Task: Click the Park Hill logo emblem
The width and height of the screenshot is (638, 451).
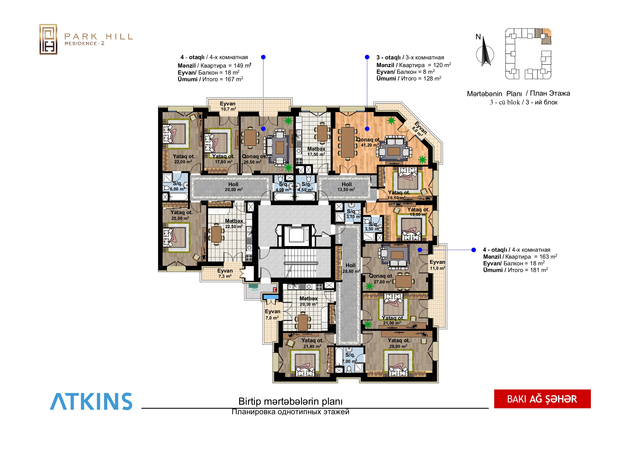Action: pos(48,39)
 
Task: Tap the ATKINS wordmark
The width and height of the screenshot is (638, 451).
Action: pos(91,401)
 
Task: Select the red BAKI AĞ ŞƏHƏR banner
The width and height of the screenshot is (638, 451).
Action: pos(542,399)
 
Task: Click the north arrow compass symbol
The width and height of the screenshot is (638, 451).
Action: pos(485,51)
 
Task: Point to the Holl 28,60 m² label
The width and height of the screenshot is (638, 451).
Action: pos(351,268)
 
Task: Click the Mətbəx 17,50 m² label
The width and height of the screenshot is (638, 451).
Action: pos(316,151)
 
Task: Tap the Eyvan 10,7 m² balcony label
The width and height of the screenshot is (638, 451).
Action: pos(228,106)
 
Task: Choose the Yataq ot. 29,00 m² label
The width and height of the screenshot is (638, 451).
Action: pos(399,343)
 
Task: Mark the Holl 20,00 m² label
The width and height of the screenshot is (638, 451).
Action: pos(234,187)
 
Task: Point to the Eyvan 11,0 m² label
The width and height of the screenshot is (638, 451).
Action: pos(437,265)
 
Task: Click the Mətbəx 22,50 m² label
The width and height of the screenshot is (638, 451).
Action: pos(234,223)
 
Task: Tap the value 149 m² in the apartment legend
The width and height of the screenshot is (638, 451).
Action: pos(242,66)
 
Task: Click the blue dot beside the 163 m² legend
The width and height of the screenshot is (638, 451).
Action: pos(473,250)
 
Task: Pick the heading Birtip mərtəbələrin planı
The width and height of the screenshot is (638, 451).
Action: pos(290,401)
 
